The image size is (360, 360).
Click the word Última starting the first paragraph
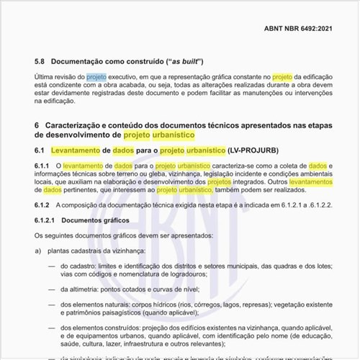click(x=48, y=76)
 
